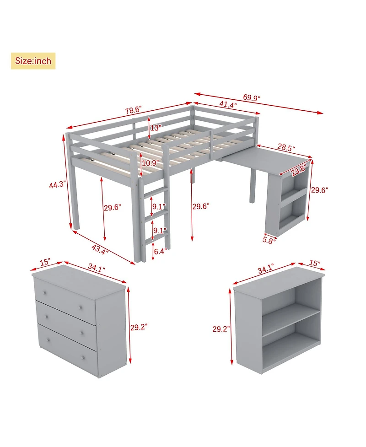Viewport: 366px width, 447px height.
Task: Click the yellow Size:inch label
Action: click(x=33, y=61)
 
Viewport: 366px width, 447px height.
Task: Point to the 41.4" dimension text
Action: click(x=227, y=105)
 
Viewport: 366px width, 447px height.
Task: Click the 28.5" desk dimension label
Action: click(x=286, y=148)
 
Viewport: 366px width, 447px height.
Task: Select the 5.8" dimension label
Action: click(x=269, y=239)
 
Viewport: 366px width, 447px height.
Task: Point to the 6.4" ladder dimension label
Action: click(x=161, y=251)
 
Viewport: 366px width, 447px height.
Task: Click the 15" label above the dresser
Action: click(x=45, y=264)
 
